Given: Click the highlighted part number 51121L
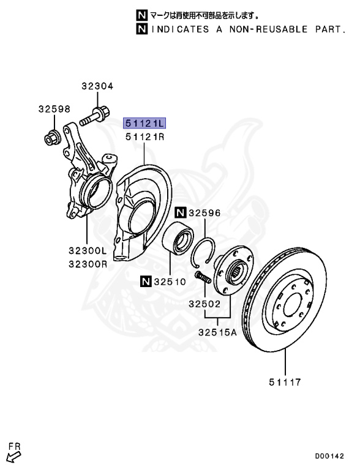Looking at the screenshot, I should click(144, 123).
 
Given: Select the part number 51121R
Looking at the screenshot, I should click(144, 137).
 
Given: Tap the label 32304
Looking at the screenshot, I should click(97, 87).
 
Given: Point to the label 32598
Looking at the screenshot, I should click(54, 109).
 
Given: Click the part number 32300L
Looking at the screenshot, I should click(87, 251).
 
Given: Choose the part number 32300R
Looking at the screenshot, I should click(87, 264).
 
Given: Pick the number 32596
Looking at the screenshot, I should click(204, 213).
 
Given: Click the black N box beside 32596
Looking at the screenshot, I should click(179, 213).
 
